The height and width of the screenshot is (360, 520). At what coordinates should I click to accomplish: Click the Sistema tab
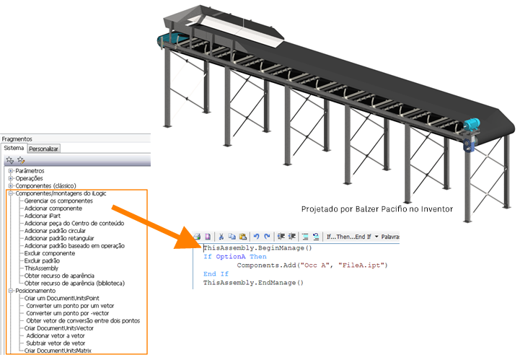click(14, 148)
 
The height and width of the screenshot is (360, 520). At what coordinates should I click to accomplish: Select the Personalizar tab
click(43, 149)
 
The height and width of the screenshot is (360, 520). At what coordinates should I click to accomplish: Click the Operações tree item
click(29, 178)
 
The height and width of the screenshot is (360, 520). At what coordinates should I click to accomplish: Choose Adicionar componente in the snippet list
click(53, 208)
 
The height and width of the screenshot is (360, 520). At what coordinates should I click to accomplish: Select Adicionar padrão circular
click(55, 231)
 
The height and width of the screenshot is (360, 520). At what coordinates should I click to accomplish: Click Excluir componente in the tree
click(50, 253)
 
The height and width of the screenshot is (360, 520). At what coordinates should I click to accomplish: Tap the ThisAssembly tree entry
click(41, 268)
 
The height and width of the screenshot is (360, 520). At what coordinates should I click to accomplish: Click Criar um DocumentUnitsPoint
click(62, 298)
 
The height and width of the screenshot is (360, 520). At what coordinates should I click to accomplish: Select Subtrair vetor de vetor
click(56, 343)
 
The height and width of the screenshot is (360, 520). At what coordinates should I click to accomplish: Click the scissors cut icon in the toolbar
click(221, 237)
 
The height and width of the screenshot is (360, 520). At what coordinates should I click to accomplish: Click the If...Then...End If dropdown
click(352, 237)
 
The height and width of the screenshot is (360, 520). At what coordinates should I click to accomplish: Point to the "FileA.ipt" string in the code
click(361, 265)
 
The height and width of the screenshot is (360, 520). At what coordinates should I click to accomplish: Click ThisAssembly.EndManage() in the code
click(253, 283)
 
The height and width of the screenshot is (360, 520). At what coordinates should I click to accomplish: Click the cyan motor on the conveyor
click(472, 124)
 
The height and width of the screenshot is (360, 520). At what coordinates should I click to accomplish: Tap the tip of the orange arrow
click(175, 247)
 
